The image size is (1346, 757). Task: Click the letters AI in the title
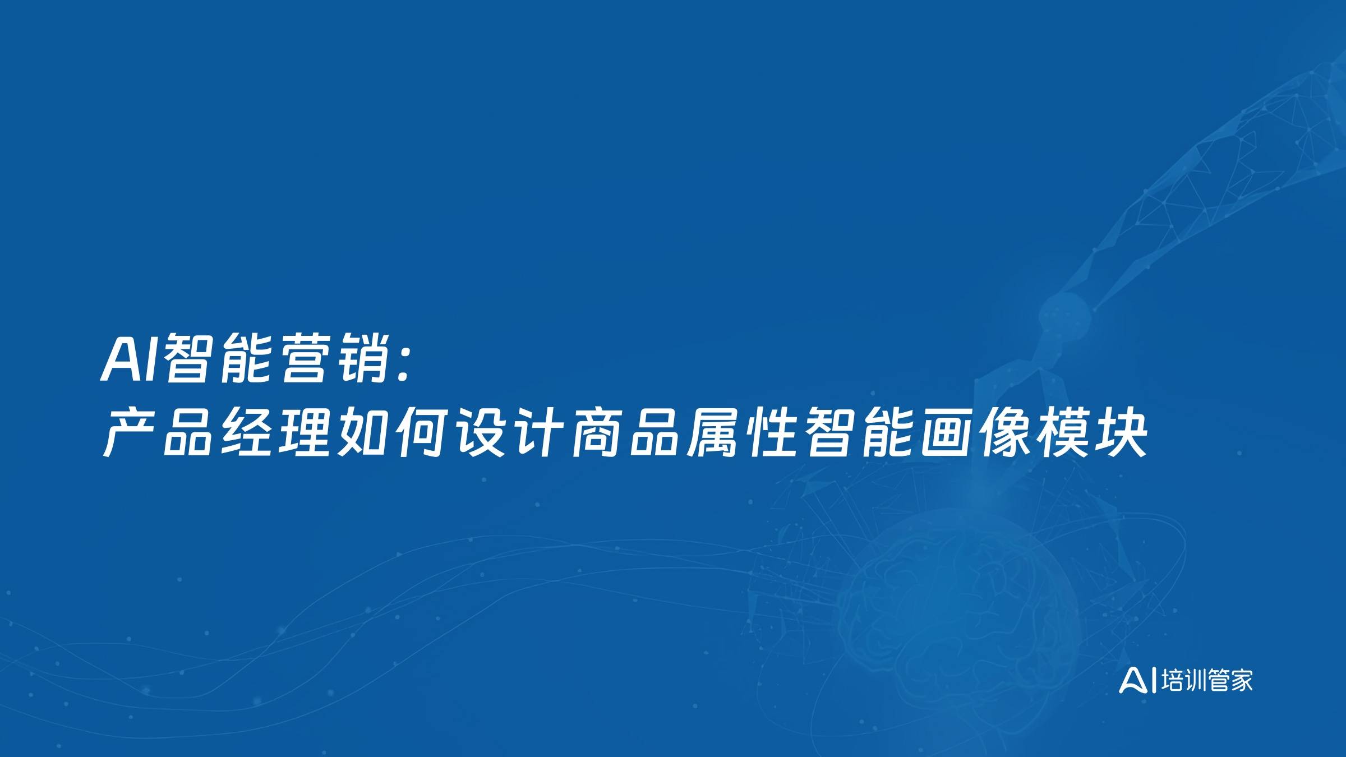(x=131, y=359)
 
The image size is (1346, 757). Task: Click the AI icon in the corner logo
(x=1134, y=681)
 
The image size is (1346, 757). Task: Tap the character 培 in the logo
(x=1172, y=681)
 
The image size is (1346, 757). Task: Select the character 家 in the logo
(x=1241, y=681)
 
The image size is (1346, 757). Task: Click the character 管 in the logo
(x=1219, y=681)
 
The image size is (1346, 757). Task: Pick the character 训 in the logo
(x=1195, y=681)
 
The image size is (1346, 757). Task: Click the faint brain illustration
(x=959, y=606)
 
